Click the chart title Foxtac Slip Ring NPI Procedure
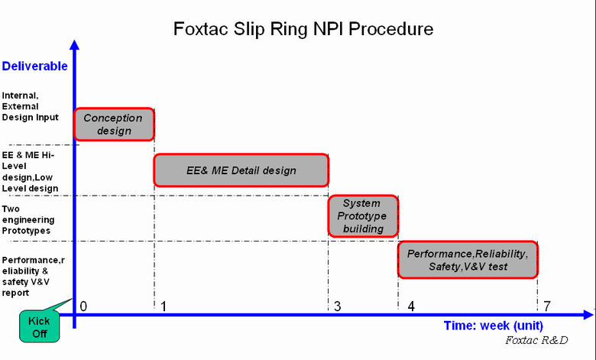pyautogui.click(x=303, y=29)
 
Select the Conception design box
pyautogui.click(x=114, y=125)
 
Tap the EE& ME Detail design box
pyautogui.click(x=241, y=170)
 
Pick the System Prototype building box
pyautogui.click(x=363, y=216)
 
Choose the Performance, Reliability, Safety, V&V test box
pyautogui.click(x=468, y=260)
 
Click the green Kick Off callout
pyautogui.click(x=40, y=326)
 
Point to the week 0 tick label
pyautogui.click(x=83, y=306)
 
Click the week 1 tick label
pyautogui.click(x=164, y=306)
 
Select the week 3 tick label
pyautogui.click(x=337, y=306)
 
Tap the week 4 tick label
pyautogui.click(x=411, y=306)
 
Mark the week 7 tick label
pyautogui.click(x=547, y=306)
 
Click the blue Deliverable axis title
pyautogui.click(x=34, y=66)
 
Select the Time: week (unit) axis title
pyautogui.click(x=494, y=326)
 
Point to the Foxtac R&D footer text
pyautogui.click(x=536, y=340)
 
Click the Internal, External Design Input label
pyautogui.click(x=30, y=106)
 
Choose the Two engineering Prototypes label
pyautogui.click(x=28, y=219)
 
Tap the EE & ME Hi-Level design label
pyautogui.click(x=30, y=172)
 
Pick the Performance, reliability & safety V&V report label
pyautogui.click(x=33, y=277)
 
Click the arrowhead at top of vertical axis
pyautogui.click(x=75, y=44)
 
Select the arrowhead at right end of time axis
pyautogui.click(x=588, y=315)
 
